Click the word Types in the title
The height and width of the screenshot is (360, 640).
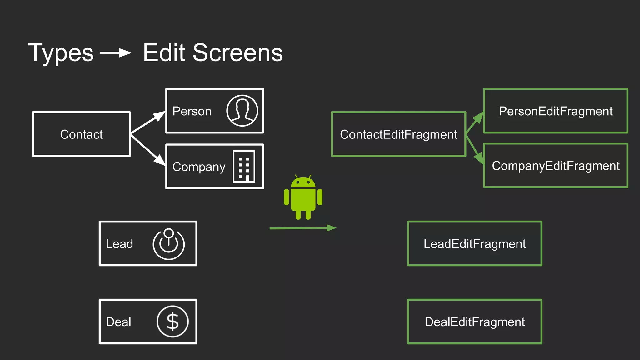tap(61, 53)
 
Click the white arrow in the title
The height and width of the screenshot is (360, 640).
tap(116, 53)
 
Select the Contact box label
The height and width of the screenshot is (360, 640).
tap(81, 134)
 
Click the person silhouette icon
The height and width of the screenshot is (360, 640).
tap(242, 111)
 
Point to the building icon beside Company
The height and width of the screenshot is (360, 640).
tap(244, 166)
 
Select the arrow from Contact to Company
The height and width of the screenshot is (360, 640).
tap(148, 149)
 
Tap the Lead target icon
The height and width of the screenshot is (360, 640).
tap(168, 244)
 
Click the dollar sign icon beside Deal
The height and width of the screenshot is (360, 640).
tap(172, 322)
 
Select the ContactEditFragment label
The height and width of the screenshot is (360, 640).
tap(398, 134)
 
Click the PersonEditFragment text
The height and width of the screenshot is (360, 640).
tap(556, 111)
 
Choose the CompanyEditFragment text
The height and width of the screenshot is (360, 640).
tap(556, 166)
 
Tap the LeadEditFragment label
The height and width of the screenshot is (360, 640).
tap(474, 244)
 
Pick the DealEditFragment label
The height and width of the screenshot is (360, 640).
tap(474, 322)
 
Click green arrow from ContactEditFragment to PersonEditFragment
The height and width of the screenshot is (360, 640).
tap(475, 123)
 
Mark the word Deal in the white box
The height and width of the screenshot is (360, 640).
tap(118, 322)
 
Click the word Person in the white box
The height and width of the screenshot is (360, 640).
tap(192, 111)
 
